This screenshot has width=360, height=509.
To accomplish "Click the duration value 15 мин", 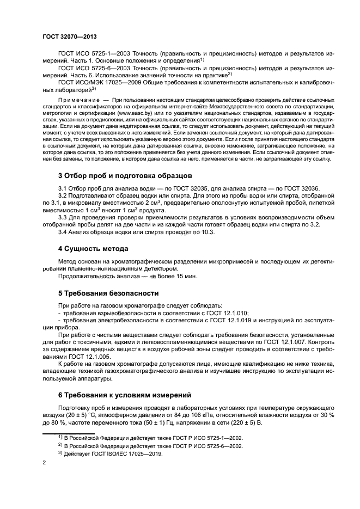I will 185,276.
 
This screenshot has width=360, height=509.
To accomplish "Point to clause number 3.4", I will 63,232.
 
